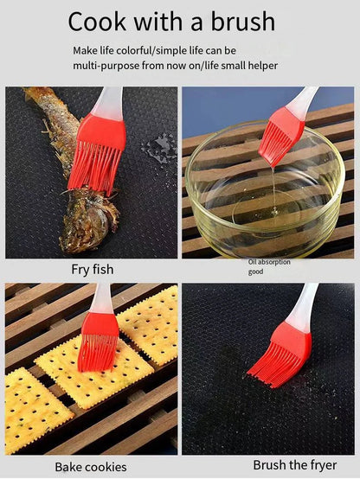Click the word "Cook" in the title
pos(97,22)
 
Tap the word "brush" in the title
pos(243,21)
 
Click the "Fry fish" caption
pos(93,270)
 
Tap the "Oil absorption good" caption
pos(269,266)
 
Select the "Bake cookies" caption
pos(91,467)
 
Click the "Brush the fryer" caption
pos(295,465)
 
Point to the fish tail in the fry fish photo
pos(38,93)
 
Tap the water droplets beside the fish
pos(159,148)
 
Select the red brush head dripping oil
pos(280,136)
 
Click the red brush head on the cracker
pos(99,342)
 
